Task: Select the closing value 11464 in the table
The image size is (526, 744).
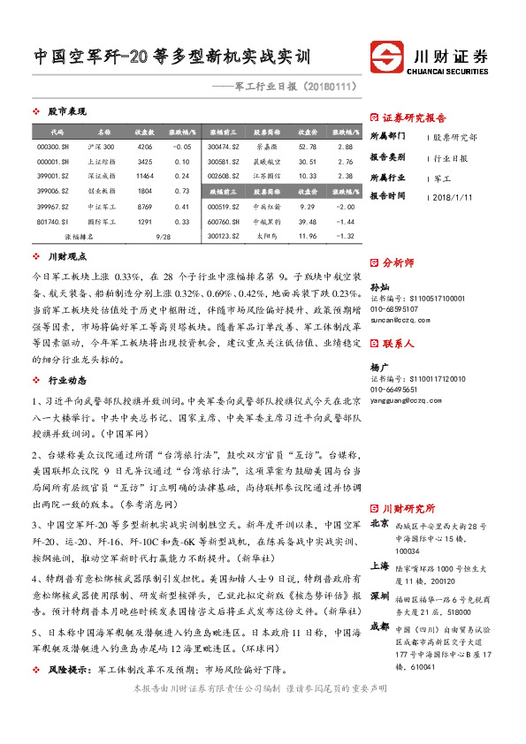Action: [145, 176]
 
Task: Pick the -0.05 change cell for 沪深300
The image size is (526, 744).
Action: [183, 146]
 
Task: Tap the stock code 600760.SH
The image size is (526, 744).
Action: [223, 221]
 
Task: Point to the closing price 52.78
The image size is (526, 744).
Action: [308, 146]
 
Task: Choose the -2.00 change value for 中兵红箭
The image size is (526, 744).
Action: [346, 206]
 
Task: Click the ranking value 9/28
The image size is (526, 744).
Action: [162, 237]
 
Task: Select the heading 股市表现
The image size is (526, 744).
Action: [66, 112]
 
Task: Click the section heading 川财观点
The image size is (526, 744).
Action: [66, 257]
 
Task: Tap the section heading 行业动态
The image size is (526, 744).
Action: [66, 381]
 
